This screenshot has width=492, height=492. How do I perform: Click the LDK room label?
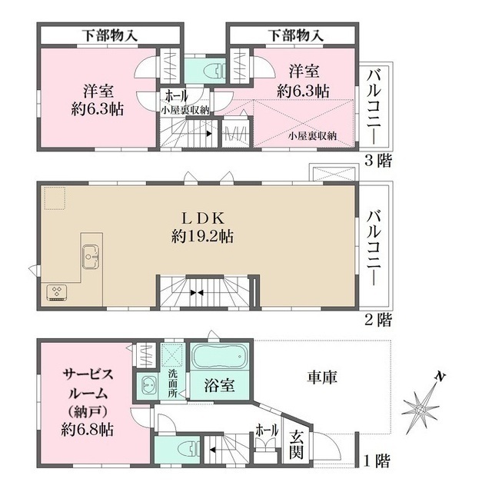click(202, 217)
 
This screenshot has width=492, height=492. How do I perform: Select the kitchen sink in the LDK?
click(89, 255)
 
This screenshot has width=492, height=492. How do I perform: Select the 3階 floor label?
click(380, 161)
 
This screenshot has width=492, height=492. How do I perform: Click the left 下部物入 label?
click(109, 35)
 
